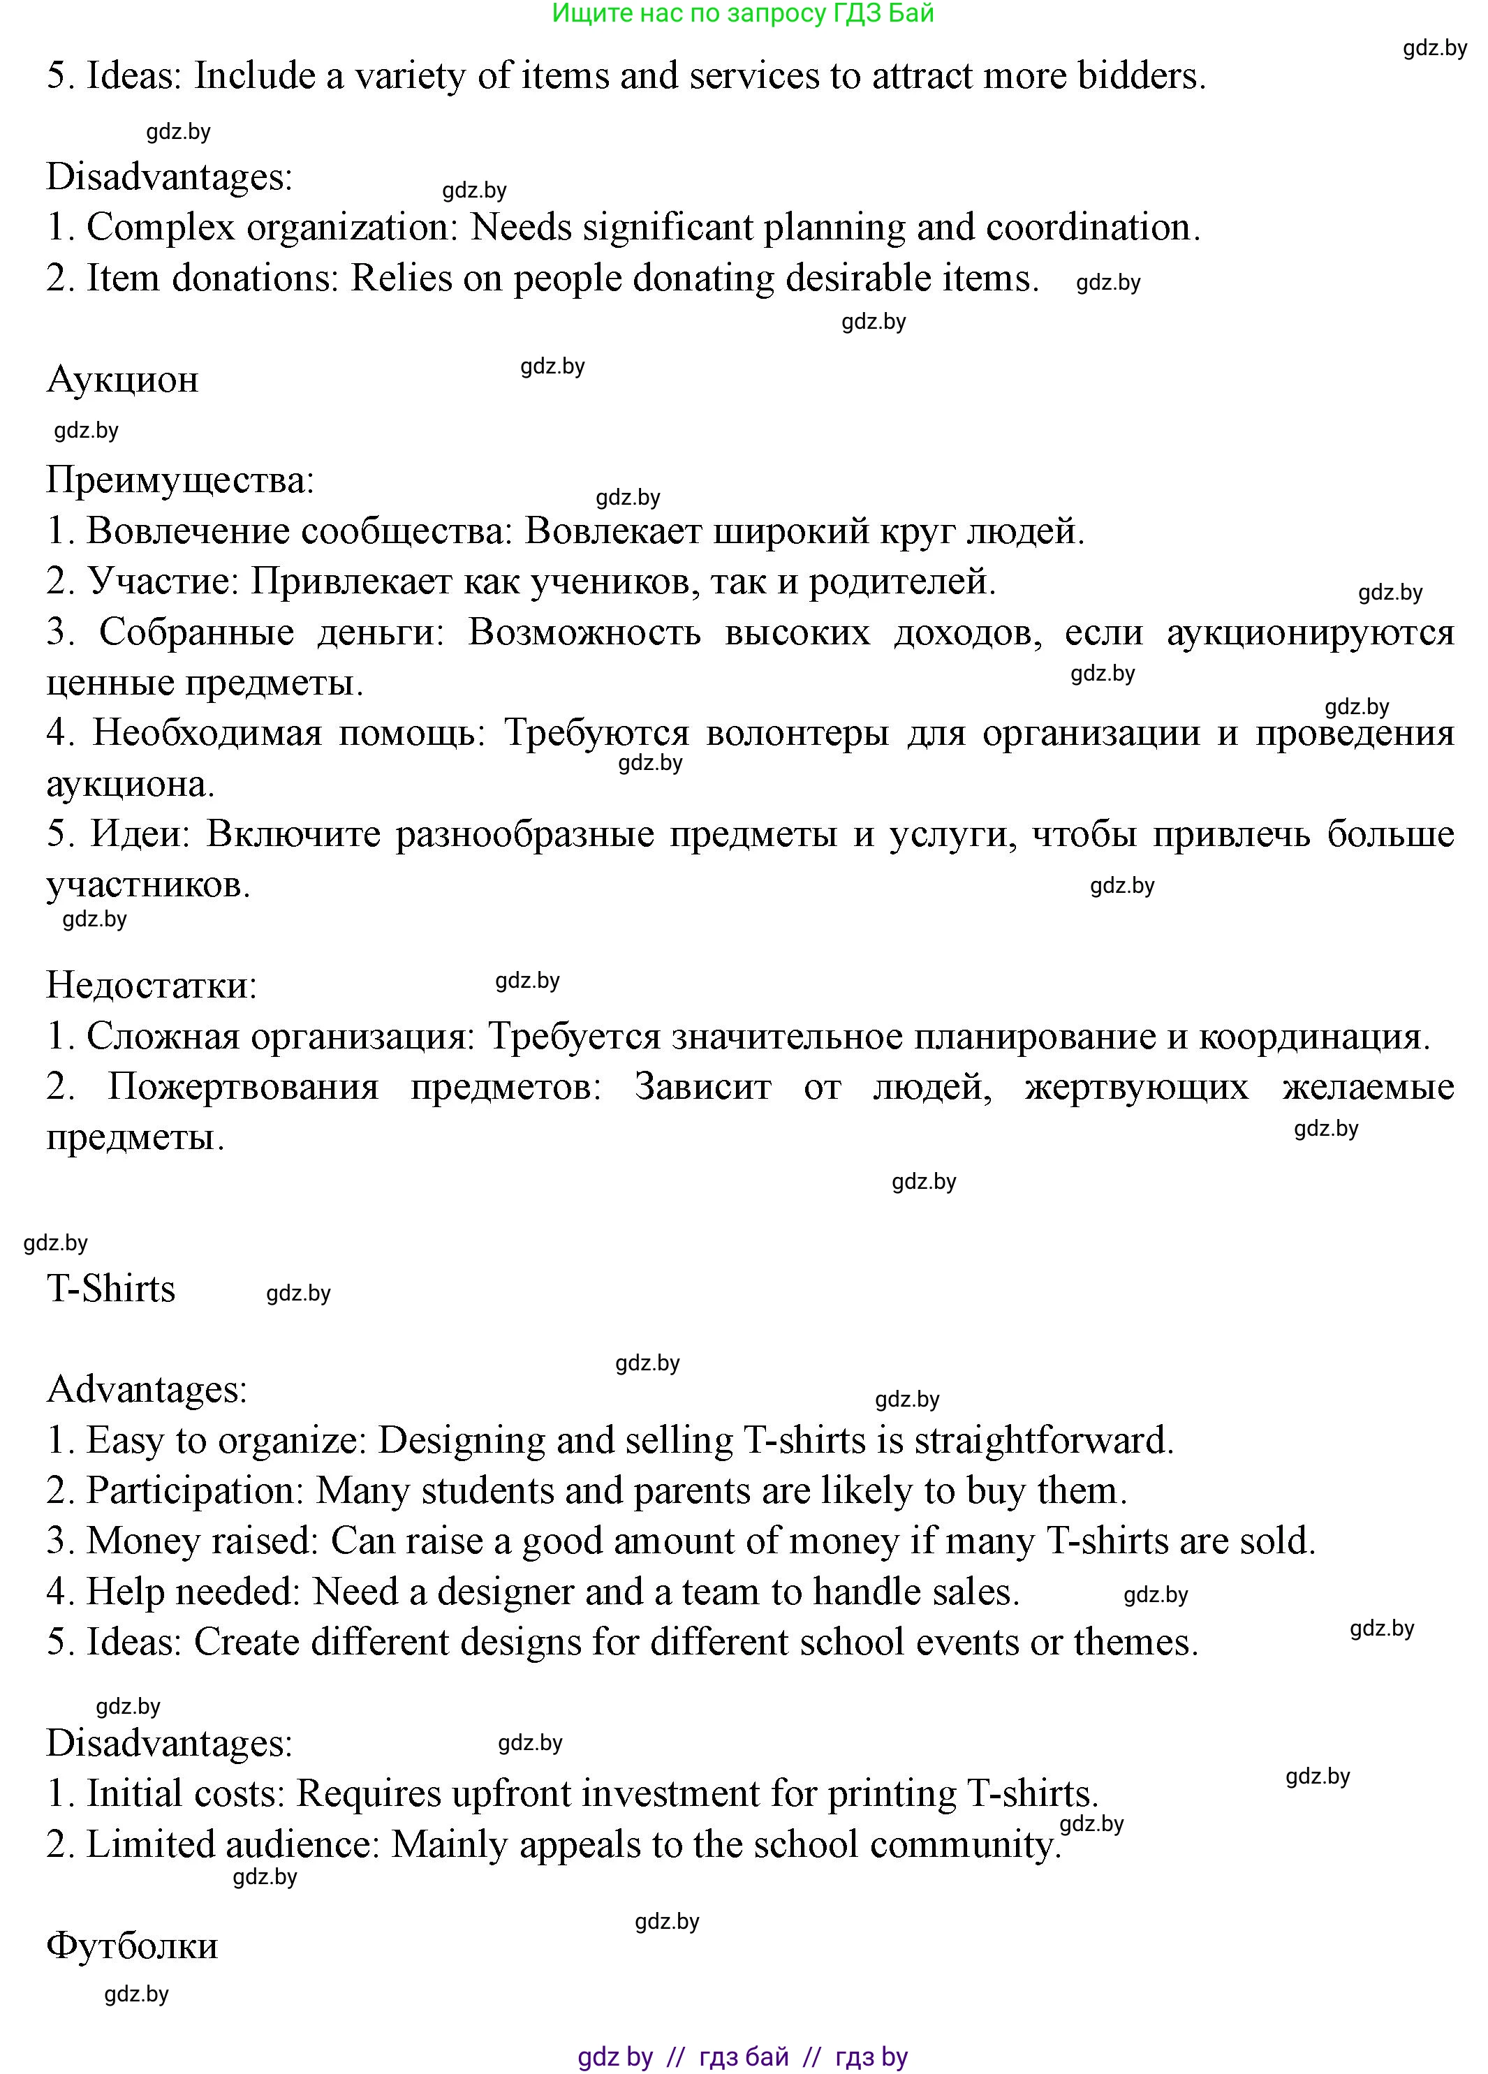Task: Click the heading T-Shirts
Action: pyautogui.click(x=110, y=1289)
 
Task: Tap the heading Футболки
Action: pyautogui.click(x=132, y=1945)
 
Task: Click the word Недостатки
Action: pyautogui.click(x=152, y=985)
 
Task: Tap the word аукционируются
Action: pyautogui.click(x=1310, y=632)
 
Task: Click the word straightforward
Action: pyautogui.click(x=1043, y=1440)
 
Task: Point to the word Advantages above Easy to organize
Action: pyautogui.click(x=147, y=1389)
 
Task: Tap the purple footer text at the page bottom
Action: pyautogui.click(x=743, y=2057)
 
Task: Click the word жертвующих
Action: pyautogui.click(x=1136, y=1086)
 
